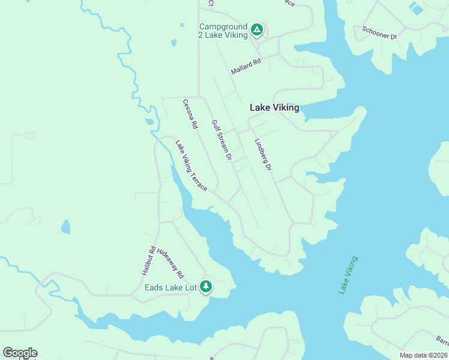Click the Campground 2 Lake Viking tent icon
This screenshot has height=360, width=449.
[x=256, y=29]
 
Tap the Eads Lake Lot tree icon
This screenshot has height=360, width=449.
[x=206, y=287]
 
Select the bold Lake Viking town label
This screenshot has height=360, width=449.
[x=274, y=108]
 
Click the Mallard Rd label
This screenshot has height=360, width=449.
[x=246, y=67]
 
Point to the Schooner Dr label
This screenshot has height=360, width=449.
[x=379, y=32]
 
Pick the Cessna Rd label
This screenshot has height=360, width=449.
[x=190, y=114]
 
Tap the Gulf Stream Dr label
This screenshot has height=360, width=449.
[x=221, y=140]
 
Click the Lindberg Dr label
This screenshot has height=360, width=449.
[x=263, y=155]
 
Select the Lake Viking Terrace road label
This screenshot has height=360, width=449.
[x=191, y=166]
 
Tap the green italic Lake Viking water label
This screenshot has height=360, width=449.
[x=348, y=275]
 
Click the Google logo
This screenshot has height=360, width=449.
[x=20, y=353]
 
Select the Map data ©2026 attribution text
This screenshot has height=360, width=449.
[x=423, y=355]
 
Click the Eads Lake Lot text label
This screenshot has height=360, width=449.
[x=171, y=287]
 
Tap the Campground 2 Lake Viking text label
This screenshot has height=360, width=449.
[x=223, y=31]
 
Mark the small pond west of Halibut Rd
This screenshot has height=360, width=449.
[x=65, y=227]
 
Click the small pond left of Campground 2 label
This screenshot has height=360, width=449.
[x=173, y=43]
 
